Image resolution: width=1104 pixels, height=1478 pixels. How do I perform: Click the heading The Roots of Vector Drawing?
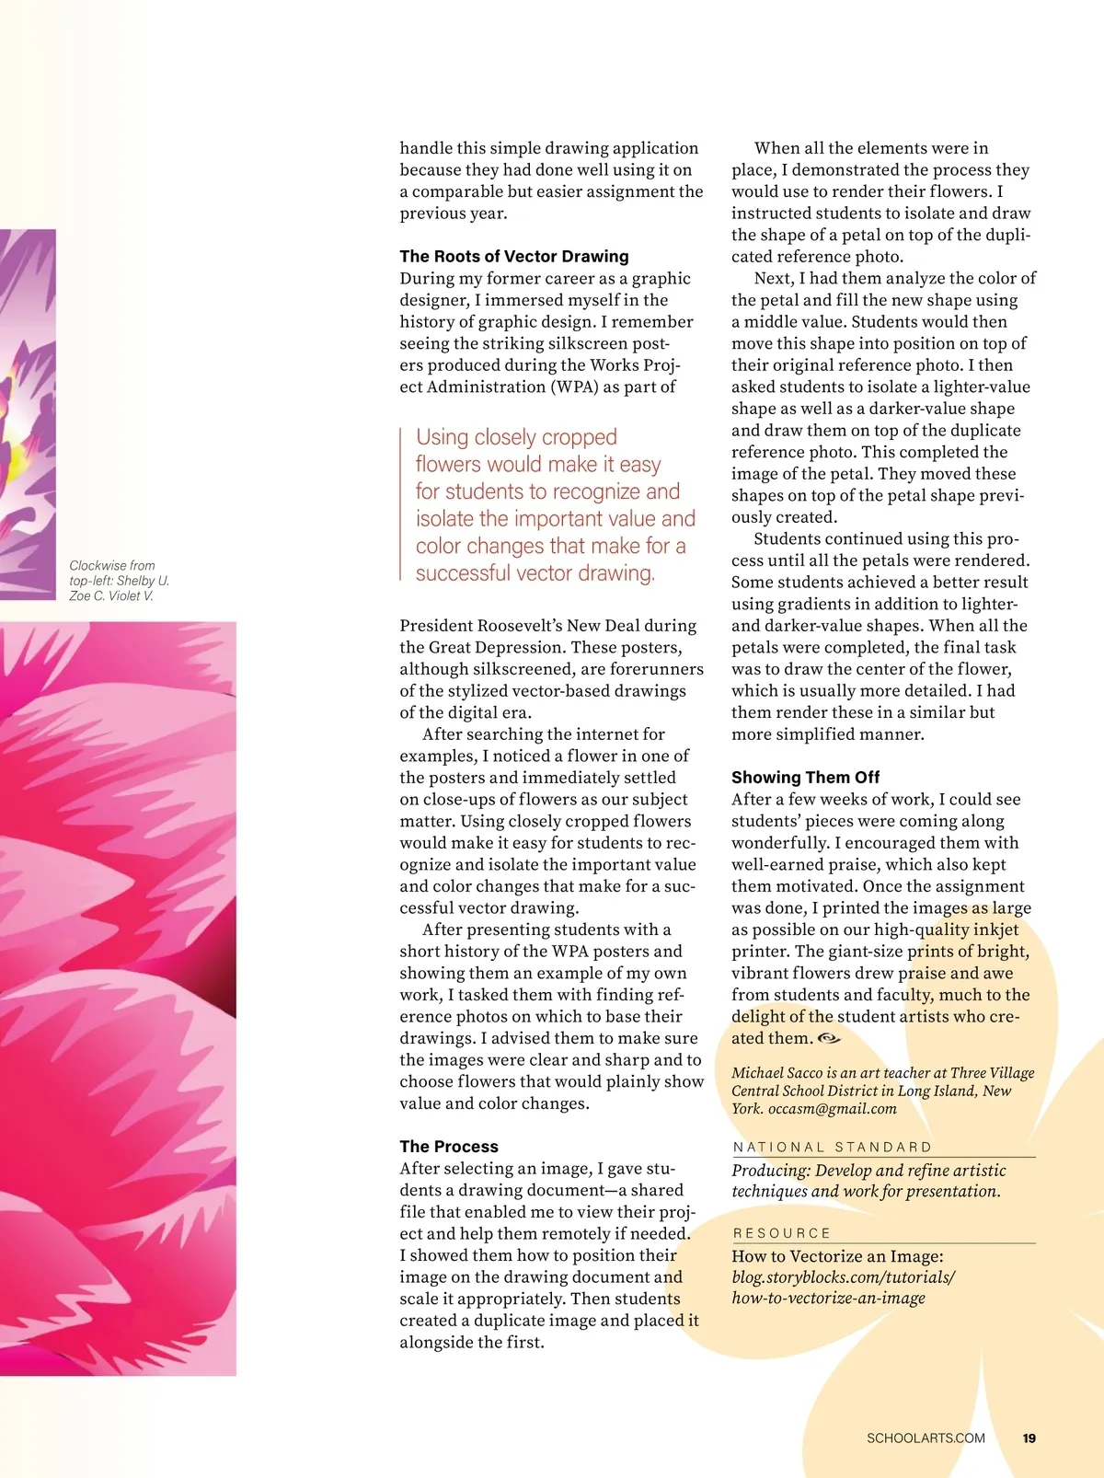click(513, 257)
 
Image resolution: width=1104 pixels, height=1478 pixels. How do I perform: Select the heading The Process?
click(448, 1147)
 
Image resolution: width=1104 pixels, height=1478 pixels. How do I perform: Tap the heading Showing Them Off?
click(805, 778)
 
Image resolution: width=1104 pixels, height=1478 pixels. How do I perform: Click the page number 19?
click(1029, 1438)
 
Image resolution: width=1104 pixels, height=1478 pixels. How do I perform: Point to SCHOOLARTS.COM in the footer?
click(926, 1438)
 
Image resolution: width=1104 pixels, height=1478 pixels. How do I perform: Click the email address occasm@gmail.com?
click(832, 1109)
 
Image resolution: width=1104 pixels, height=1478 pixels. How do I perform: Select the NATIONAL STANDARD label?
click(833, 1148)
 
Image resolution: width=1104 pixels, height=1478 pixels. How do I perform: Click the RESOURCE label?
click(782, 1233)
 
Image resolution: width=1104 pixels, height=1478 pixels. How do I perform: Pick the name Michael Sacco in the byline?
click(772, 1073)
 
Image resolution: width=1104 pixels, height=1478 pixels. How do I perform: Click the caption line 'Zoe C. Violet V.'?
click(111, 596)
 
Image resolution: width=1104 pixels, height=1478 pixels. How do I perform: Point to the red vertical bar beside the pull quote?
click(401, 504)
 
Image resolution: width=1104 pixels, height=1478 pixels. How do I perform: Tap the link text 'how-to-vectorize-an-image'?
click(828, 1299)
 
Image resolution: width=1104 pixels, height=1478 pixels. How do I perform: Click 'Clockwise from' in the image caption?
click(112, 566)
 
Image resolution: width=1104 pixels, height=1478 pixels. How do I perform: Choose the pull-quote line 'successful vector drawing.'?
click(535, 573)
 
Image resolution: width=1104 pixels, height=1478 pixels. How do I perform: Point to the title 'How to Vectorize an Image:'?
click(837, 1257)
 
